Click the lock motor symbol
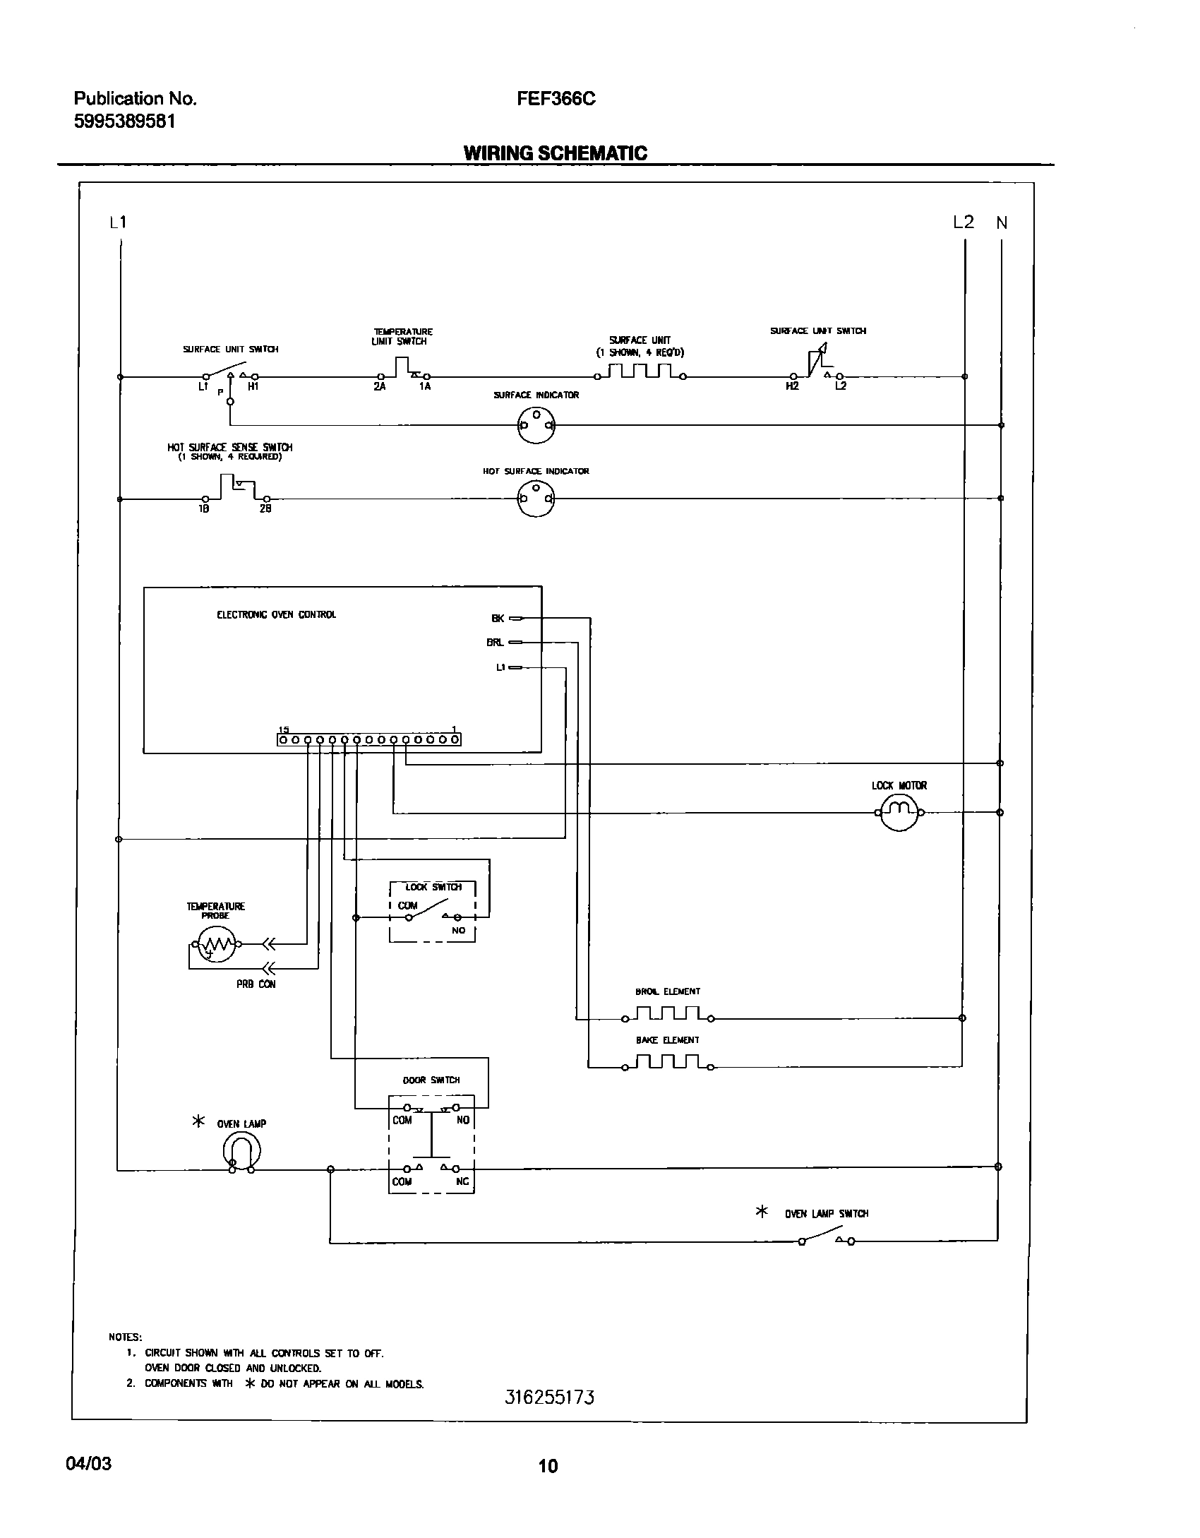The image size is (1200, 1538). [899, 812]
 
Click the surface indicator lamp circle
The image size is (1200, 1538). [536, 425]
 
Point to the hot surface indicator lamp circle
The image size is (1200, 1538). [536, 499]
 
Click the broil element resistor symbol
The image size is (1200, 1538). [668, 1014]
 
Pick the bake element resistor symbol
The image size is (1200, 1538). [668, 1061]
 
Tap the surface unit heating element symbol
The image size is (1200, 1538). [640, 372]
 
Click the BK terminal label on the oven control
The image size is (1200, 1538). [498, 619]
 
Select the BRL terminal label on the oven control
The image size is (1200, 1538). [495, 643]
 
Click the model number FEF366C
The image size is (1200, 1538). [556, 99]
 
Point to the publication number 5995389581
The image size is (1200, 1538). [125, 121]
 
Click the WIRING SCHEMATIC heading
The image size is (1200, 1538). [555, 153]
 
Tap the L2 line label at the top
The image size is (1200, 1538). [963, 222]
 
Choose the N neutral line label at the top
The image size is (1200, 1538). [1002, 223]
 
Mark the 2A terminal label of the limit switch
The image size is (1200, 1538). [380, 387]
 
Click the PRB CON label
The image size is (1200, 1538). [256, 984]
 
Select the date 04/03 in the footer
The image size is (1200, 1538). [88, 1464]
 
